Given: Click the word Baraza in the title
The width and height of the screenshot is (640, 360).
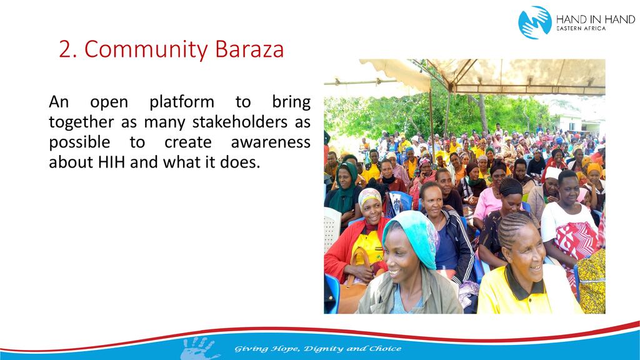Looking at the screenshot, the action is (249, 49).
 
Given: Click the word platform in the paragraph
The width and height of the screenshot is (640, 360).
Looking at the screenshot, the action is (182, 102).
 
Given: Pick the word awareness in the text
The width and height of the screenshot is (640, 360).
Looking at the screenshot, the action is (270, 142).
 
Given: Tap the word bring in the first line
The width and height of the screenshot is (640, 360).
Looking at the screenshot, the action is (291, 102).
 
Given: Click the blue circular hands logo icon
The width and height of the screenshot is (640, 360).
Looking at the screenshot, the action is (535, 22).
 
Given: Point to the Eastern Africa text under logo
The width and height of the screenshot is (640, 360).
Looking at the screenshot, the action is (581, 29).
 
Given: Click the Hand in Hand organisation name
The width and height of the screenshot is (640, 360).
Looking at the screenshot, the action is (596, 19).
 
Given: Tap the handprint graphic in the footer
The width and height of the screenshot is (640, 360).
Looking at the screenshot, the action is (199, 347).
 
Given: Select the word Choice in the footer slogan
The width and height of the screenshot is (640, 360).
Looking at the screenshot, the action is (385, 348).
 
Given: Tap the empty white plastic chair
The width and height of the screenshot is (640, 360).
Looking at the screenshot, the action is (332, 229).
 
